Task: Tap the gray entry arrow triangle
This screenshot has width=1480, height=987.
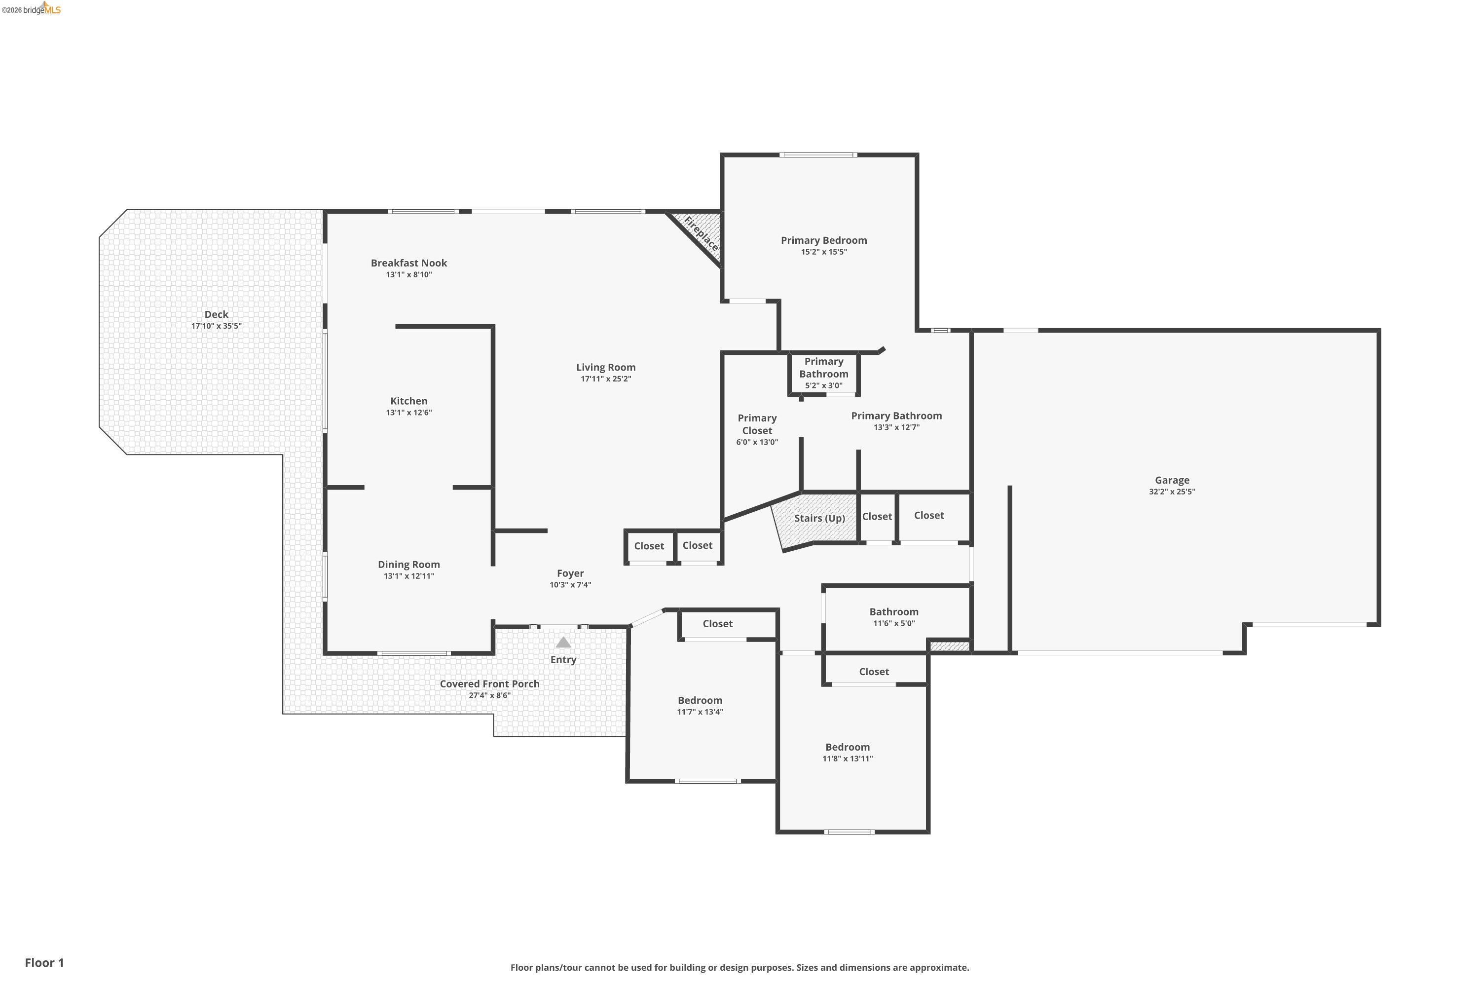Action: click(x=563, y=643)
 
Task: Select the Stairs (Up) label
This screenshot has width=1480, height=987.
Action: click(x=819, y=518)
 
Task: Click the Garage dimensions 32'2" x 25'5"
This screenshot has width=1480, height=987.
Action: click(x=1172, y=492)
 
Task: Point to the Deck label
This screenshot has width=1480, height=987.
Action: click(x=216, y=314)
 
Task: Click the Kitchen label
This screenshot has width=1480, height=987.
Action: click(x=408, y=401)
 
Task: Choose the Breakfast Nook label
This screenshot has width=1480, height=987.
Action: click(x=408, y=263)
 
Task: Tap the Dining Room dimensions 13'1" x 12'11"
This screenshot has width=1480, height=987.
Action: click(x=408, y=576)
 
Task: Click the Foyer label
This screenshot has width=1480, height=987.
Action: click(x=570, y=573)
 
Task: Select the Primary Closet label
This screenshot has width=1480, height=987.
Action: click(x=757, y=424)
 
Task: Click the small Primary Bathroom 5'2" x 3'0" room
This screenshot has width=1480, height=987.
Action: click(x=824, y=373)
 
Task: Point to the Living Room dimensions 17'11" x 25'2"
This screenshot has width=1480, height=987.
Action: click(x=605, y=379)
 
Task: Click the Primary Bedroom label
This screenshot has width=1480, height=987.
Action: click(x=824, y=240)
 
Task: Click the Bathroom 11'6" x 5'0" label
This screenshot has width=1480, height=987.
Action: click(x=893, y=612)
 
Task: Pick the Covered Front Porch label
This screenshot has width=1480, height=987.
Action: click(x=489, y=683)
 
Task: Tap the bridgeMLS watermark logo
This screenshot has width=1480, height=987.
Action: click(x=32, y=9)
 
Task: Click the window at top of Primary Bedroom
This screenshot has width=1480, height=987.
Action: click(x=817, y=155)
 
